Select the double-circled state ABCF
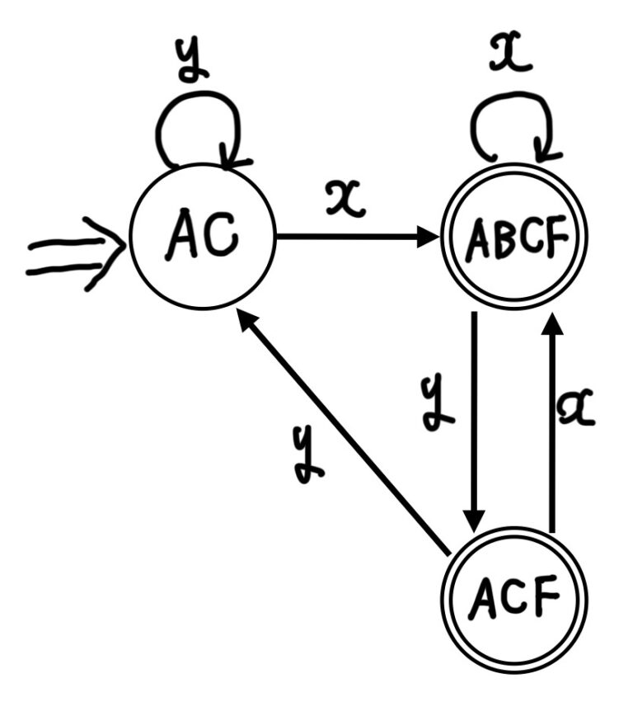pos(516,238)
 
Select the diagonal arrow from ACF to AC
pos(346,433)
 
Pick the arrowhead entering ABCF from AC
pos(429,237)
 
